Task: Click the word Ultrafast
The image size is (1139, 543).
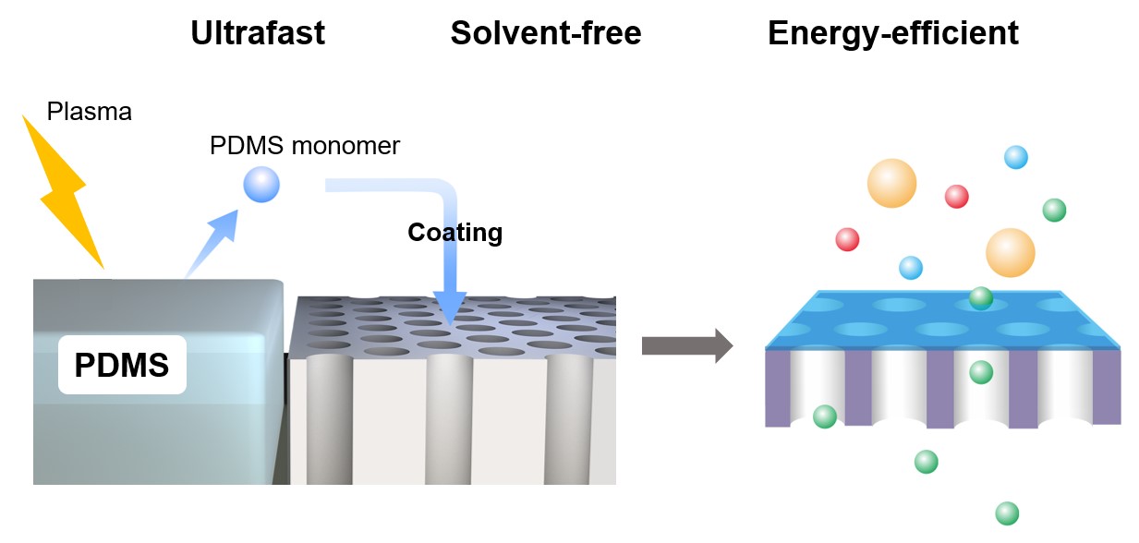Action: coord(258,33)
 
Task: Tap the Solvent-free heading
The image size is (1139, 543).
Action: coord(545,33)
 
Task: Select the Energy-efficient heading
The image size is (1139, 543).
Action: coord(892,33)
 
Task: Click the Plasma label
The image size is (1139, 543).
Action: coord(90,113)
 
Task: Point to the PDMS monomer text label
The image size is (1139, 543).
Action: coord(305,146)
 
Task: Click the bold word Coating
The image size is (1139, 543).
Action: coord(454,232)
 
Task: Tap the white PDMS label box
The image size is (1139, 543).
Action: coord(122,366)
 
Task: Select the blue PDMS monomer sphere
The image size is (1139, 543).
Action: coord(261,186)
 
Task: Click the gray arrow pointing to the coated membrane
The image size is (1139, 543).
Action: coord(686,346)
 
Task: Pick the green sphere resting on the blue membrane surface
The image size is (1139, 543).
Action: coord(981,298)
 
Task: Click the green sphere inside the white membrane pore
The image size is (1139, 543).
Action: coord(981,372)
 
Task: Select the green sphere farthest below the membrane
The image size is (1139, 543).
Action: coord(1007,513)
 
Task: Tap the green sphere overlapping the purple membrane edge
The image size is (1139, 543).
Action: coord(824,416)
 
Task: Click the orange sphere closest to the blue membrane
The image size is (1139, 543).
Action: coord(1010,252)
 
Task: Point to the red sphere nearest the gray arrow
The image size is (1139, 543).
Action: coord(847,239)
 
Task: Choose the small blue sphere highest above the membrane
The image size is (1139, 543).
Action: coord(1016,157)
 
